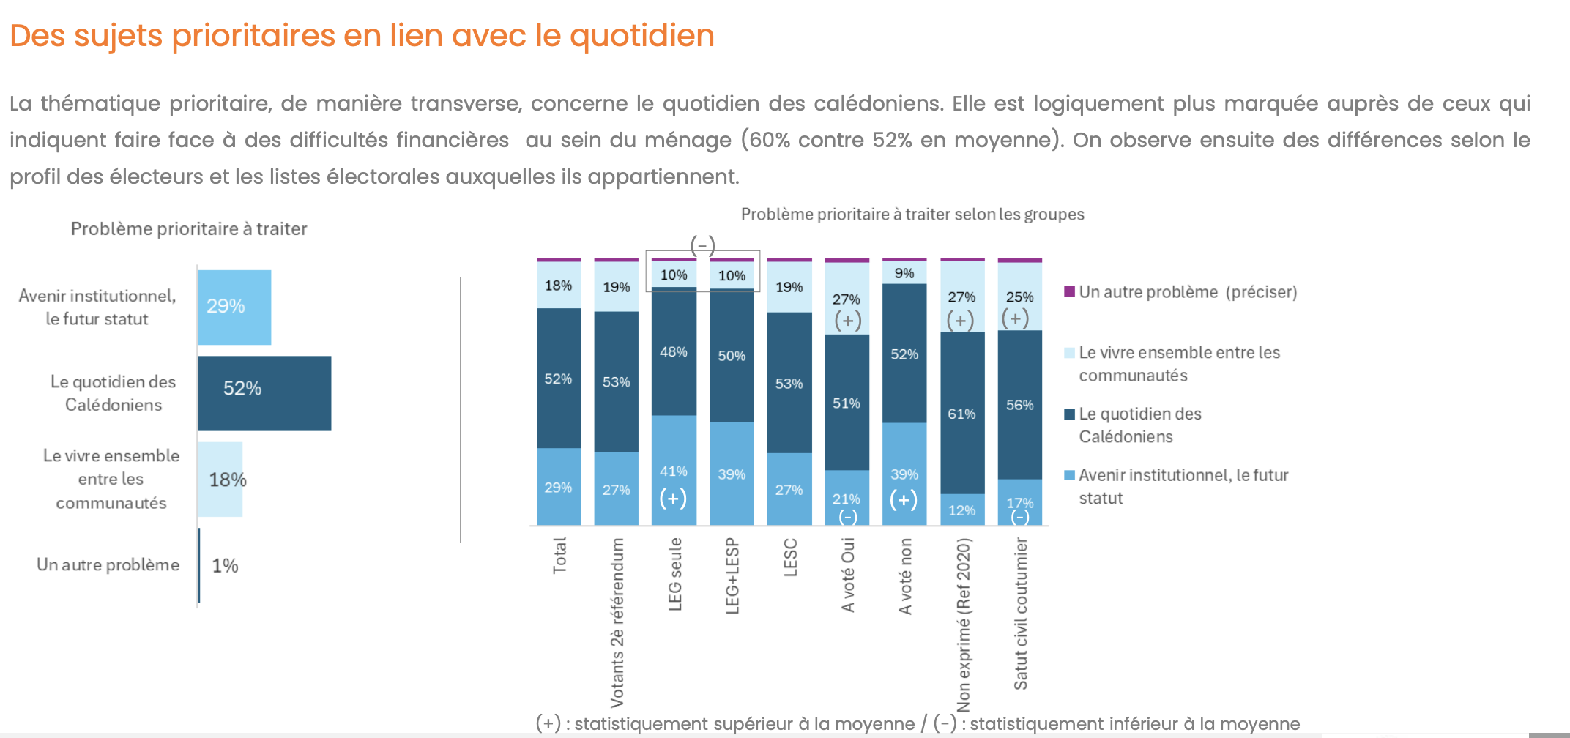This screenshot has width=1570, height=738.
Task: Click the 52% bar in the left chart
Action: [264, 393]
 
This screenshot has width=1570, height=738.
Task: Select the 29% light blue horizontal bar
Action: [234, 307]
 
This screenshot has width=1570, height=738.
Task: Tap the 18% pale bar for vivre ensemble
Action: [220, 480]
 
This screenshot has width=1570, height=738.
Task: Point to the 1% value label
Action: [225, 565]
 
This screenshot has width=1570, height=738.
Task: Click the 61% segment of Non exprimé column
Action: [962, 413]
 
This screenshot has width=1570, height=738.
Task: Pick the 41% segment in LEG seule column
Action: [674, 470]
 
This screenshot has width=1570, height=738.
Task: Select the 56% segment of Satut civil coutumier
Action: [1019, 405]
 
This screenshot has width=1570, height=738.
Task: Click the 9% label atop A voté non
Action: [904, 273]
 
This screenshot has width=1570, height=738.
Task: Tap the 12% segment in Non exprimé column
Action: [962, 510]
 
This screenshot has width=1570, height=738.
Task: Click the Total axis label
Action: [559, 556]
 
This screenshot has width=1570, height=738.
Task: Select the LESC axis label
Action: [790, 558]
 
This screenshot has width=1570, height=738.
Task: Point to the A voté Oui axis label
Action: [848, 575]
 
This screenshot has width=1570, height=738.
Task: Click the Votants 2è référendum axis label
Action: [617, 622]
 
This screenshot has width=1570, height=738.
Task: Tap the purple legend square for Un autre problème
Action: [1070, 291]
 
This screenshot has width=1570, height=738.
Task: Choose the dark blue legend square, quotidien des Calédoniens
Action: [1070, 414]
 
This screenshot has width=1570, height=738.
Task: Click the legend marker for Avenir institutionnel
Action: [1070, 475]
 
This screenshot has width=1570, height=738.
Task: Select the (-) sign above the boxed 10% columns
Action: [703, 245]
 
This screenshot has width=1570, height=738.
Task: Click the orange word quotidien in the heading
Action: [641, 35]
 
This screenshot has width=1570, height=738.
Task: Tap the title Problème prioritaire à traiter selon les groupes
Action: [912, 214]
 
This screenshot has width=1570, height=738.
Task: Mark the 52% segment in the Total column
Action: [559, 379]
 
